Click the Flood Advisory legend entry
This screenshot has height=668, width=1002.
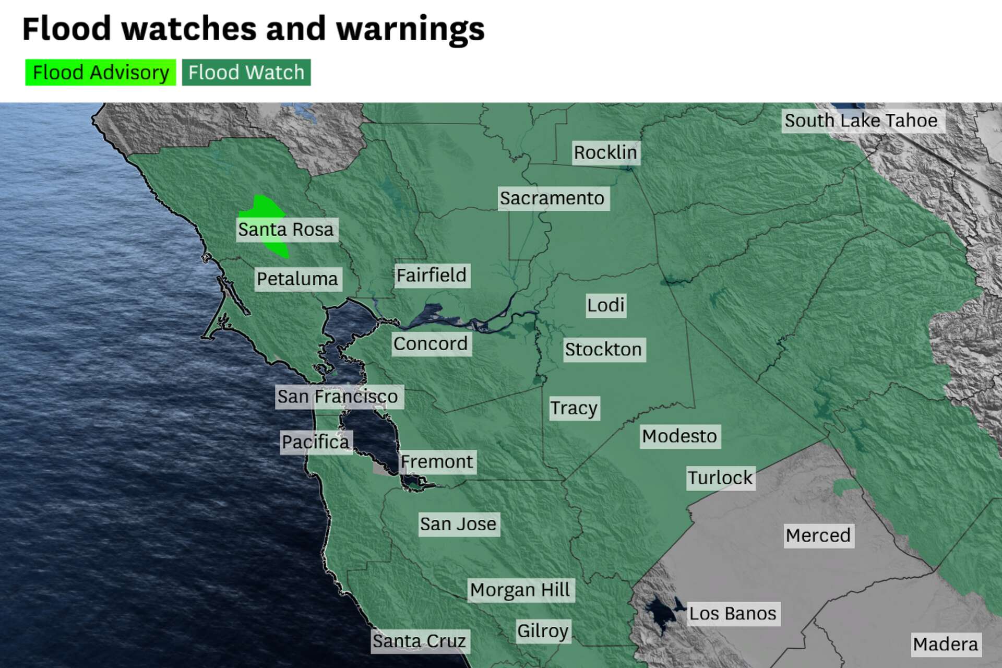101,73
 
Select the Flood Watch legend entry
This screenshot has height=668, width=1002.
246,73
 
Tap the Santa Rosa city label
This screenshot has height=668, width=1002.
286,230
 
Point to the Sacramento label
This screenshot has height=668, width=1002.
552,198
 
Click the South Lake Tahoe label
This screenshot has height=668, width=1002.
861,121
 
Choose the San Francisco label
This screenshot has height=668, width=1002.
338,397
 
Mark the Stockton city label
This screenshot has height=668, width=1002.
603,349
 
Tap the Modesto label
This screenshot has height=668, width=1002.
679,436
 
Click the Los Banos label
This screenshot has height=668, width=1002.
733,613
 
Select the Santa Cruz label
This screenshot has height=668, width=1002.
419,641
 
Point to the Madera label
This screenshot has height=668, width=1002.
946,645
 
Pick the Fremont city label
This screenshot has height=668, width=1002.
437,462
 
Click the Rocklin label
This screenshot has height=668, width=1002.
605,152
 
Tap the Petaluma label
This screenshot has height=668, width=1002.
297,279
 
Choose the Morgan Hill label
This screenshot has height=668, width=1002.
520,590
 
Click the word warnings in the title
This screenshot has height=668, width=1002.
410,29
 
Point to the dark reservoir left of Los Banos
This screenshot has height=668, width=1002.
659,613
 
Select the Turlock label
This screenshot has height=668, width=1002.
720,478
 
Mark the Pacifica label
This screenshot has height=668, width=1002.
316,442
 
